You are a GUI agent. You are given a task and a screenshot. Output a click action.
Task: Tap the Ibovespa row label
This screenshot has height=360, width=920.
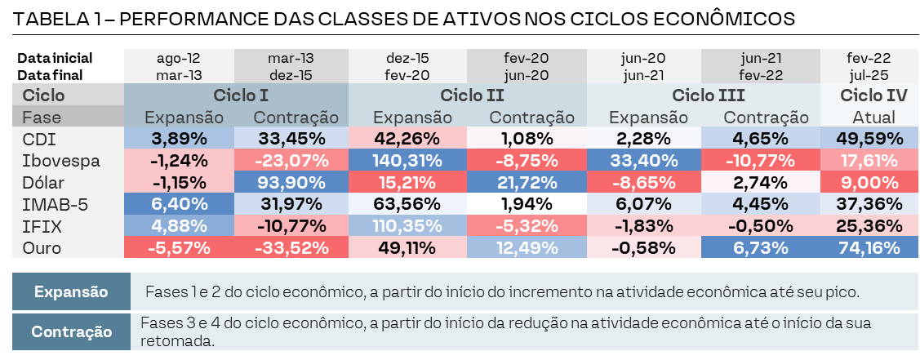pyautogui.click(x=61, y=160)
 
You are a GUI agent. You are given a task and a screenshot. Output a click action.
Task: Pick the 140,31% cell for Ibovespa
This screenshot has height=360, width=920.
pyautogui.click(x=407, y=160)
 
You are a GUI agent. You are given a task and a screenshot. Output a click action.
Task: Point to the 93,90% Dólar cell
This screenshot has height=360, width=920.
pyautogui.click(x=291, y=182)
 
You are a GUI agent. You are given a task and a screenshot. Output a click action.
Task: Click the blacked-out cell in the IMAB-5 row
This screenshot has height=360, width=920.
pyautogui.click(x=527, y=203)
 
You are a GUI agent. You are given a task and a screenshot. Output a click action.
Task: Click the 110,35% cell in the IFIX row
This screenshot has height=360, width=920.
pyautogui.click(x=407, y=225)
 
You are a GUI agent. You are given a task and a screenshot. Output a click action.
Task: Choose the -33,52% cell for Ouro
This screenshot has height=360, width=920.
pyautogui.click(x=291, y=247)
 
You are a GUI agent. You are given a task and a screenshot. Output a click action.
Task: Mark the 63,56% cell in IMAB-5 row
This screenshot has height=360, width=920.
pyautogui.click(x=407, y=203)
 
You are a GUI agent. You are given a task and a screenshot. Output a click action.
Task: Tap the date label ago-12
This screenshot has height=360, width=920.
pyautogui.click(x=178, y=59)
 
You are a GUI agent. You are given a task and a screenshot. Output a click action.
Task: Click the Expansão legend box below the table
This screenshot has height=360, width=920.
pyautogui.click(x=71, y=291)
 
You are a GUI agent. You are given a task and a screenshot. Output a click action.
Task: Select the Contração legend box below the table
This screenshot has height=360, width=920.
pyautogui.click(x=71, y=331)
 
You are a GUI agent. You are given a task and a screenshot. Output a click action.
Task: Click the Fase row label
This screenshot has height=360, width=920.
pyautogui.click(x=42, y=117)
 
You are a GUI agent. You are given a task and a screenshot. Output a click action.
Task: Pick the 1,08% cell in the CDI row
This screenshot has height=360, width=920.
pyautogui.click(x=527, y=138)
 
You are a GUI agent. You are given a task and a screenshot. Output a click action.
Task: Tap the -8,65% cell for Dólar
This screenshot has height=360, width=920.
pyautogui.click(x=642, y=182)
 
